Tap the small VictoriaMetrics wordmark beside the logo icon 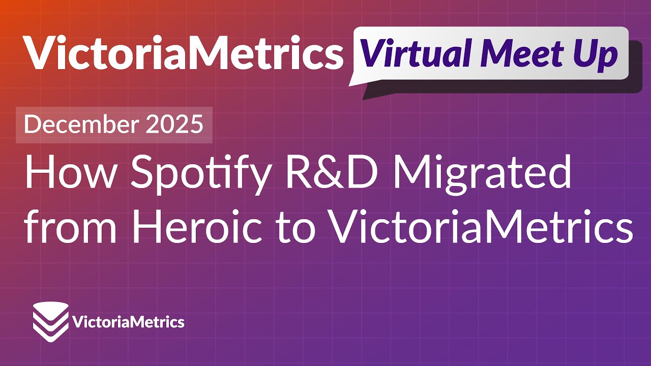tap(129, 322)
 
